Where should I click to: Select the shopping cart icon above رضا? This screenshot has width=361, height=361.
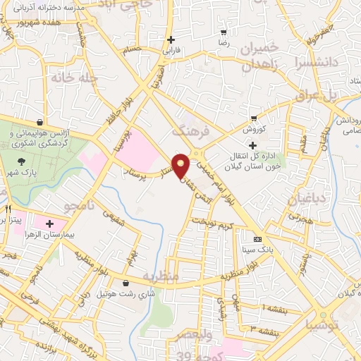coord(224,32)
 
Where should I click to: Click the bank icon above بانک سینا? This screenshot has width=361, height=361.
coord(257,238)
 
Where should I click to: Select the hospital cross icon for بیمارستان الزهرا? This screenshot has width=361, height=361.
coord(49,224)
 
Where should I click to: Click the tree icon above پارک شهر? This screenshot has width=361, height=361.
coord(21,162)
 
